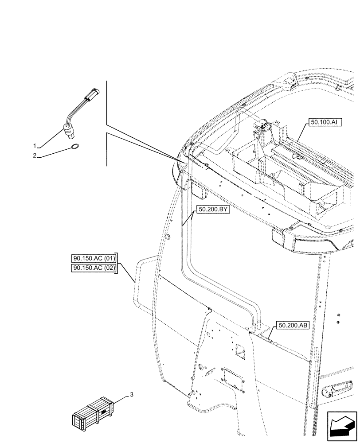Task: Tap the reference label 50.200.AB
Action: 293,325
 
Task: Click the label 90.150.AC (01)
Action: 93,258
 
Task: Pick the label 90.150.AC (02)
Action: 93,268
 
